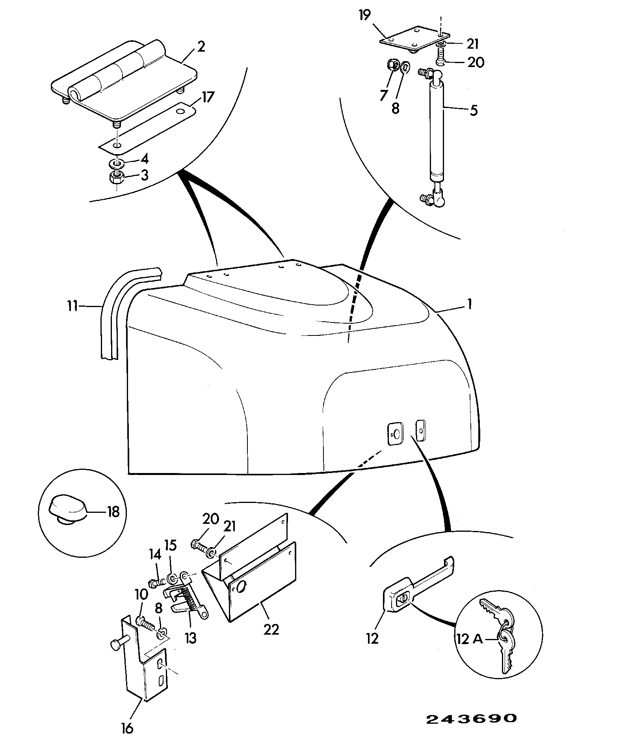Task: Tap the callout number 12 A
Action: [x=470, y=638]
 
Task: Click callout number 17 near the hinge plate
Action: [x=208, y=97]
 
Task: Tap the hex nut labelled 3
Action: [x=117, y=177]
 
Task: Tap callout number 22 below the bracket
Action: [x=271, y=629]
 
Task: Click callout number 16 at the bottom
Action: [x=128, y=728]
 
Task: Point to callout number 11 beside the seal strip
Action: [x=72, y=305]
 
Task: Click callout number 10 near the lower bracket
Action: [x=142, y=594]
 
